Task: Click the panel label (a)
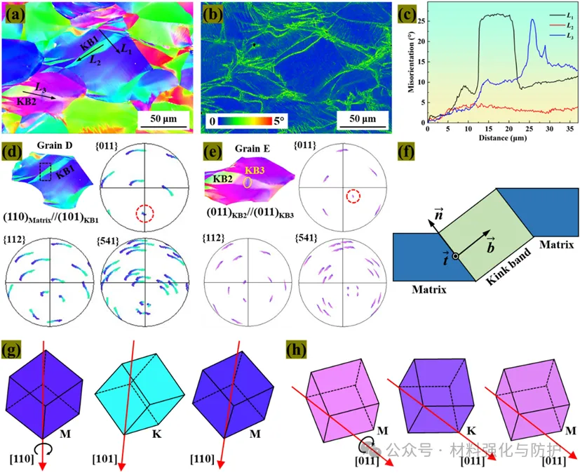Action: point(15,13)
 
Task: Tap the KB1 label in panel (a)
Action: point(89,44)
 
